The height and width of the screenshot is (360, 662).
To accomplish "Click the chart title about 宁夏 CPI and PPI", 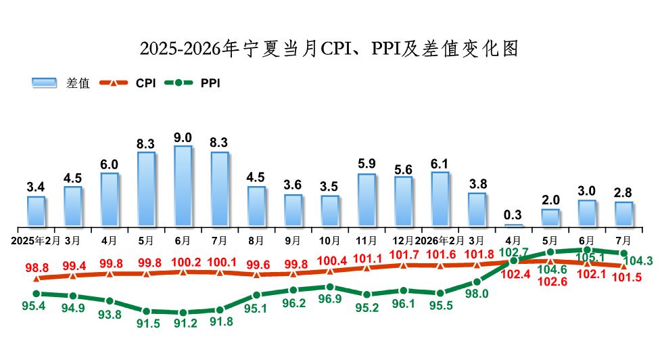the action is (x=329, y=49).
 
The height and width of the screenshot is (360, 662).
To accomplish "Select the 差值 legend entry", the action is (x=61, y=83).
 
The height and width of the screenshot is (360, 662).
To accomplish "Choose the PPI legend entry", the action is (x=192, y=83).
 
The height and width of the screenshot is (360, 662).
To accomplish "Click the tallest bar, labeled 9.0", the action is (x=183, y=186).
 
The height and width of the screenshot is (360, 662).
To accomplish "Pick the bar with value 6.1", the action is (x=440, y=199).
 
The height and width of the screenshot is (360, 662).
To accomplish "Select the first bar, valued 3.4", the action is (x=36, y=211).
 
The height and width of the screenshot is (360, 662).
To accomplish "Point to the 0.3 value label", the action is (x=513, y=215).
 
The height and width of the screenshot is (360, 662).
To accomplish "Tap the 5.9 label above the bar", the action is (x=367, y=164).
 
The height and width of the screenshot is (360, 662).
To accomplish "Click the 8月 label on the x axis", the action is (x=256, y=241).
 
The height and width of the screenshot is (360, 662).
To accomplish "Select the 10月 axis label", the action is (x=329, y=241).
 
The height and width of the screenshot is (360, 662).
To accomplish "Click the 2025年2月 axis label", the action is (x=35, y=241).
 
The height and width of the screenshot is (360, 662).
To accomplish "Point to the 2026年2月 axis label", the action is (x=440, y=241).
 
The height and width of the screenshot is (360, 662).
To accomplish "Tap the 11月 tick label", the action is (x=366, y=241).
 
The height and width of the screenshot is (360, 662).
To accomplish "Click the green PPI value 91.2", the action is (x=186, y=323).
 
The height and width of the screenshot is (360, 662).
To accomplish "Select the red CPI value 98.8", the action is (x=37, y=268).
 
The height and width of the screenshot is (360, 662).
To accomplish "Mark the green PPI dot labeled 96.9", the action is (x=330, y=288).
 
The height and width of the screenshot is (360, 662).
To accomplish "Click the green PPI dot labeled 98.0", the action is (x=477, y=282).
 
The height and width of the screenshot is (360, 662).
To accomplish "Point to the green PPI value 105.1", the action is (x=590, y=257).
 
